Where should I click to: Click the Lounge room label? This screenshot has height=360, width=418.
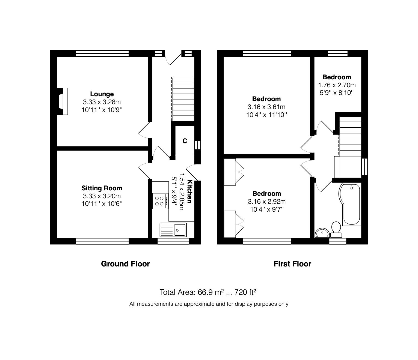102,94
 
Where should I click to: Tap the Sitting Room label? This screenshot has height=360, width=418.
102,188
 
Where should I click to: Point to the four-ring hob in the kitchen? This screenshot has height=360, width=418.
159,201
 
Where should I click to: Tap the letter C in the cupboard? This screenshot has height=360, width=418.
185,141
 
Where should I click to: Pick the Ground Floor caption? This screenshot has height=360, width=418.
125,264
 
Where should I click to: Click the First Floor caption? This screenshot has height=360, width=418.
292,264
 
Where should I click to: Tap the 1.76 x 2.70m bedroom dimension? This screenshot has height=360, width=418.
337,85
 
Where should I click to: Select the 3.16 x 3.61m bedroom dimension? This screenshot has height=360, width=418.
266,107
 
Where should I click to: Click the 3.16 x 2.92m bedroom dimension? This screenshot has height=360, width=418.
266,202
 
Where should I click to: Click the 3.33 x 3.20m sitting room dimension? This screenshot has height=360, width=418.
102,196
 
